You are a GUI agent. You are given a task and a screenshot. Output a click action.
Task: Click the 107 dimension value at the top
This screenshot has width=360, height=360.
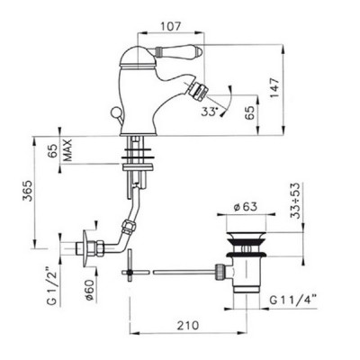click(170, 26)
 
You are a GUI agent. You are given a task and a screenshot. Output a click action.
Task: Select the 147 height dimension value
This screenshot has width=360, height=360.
click(274, 87)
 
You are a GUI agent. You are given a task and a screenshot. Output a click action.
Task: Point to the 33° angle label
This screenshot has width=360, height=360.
click(210, 112)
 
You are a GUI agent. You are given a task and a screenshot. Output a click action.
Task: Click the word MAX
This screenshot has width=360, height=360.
click(68, 150)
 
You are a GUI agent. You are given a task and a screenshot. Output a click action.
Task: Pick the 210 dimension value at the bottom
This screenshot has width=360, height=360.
click(187, 325)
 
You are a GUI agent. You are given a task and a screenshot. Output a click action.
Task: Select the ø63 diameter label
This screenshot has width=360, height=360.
click(246, 206)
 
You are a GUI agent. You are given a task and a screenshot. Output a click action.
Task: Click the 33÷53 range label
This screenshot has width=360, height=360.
click(295, 201)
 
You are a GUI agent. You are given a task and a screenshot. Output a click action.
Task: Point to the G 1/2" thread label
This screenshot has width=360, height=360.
click(51, 284)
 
